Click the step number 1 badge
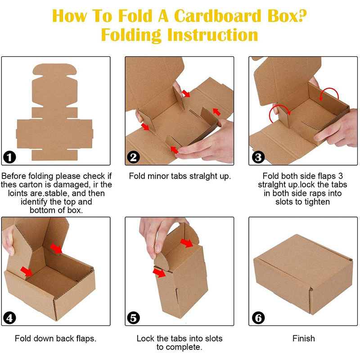coord(9,157)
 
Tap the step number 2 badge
coord(133,157)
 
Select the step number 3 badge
coord(258,157)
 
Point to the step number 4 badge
coord(9,318)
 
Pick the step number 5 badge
coord(133,318)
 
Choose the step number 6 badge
coord(258,318)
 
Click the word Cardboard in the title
coord(217,16)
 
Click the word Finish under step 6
coord(303,338)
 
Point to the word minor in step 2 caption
coord(157,176)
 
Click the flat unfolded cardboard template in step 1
coord(54,112)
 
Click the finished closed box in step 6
coord(303,274)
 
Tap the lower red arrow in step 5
coord(159,273)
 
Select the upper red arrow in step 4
coord(56,249)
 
